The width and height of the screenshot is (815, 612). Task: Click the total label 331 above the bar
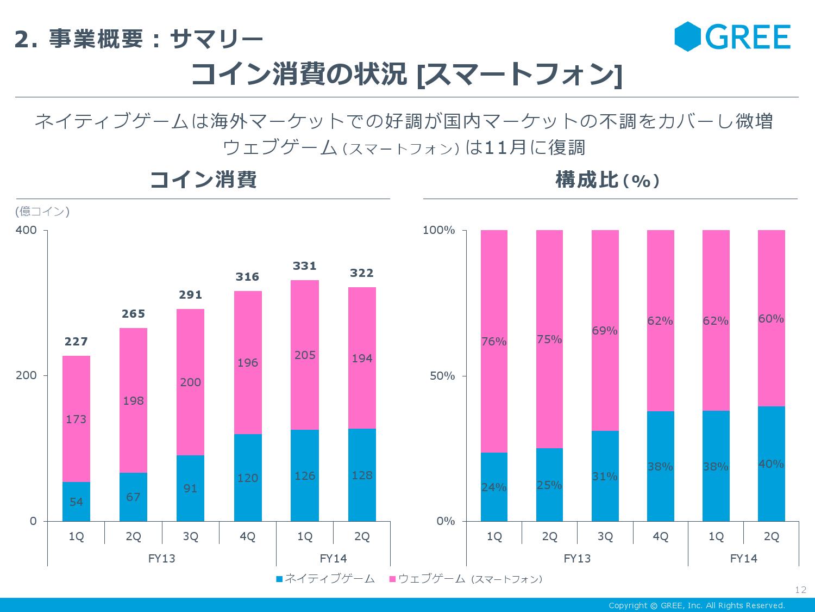tap(304, 266)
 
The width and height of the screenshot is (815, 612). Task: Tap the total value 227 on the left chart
tap(76, 342)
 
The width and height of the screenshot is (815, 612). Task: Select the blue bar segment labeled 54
tap(76, 502)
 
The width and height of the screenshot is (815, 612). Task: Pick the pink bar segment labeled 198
tap(133, 400)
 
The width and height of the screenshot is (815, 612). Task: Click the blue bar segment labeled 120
tap(248, 478)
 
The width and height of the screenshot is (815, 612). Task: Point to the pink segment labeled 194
tap(362, 358)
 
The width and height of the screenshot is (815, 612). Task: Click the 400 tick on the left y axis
tap(26, 230)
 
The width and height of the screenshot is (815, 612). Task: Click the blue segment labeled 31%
tap(605, 476)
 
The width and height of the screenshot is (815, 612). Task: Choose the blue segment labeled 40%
tap(771, 463)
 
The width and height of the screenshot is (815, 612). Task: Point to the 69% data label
tap(605, 331)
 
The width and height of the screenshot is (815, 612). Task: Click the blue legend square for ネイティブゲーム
tap(279, 579)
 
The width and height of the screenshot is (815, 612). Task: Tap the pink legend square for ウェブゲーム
tap(392, 579)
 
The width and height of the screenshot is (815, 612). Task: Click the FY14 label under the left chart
tap(333, 559)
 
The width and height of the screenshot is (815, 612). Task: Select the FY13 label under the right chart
tap(577, 559)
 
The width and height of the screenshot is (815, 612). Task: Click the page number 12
tap(800, 590)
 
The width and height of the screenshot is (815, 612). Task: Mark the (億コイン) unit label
tap(42, 212)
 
